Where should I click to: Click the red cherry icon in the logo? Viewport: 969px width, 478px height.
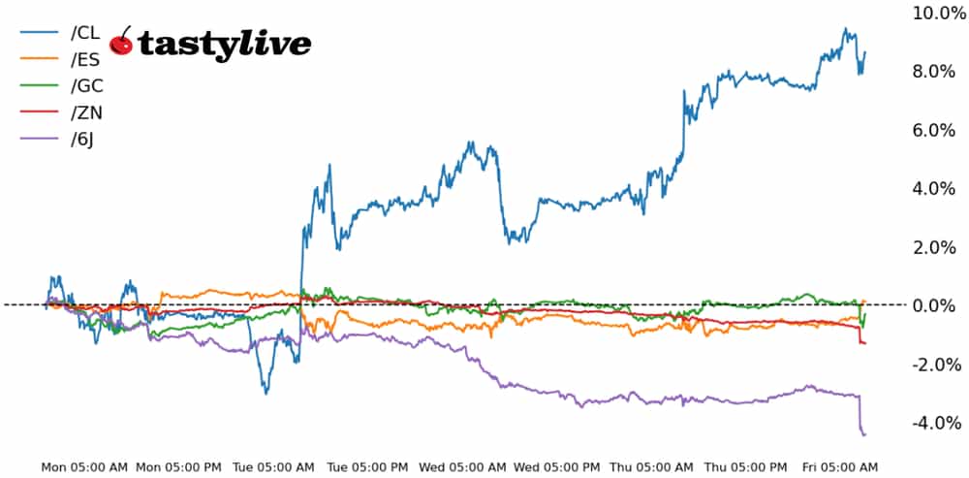pyautogui.click(x=121, y=43)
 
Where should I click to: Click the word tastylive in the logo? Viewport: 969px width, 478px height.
pyautogui.click(x=224, y=44)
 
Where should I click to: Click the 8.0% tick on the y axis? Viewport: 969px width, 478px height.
pyautogui.click(x=938, y=71)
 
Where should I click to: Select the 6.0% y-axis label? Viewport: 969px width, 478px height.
pyautogui.click(x=938, y=130)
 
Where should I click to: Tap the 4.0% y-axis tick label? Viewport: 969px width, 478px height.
pyautogui.click(x=938, y=188)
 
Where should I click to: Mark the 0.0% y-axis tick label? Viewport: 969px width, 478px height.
pyautogui.click(x=938, y=305)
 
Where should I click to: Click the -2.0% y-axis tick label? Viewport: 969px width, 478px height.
pyautogui.click(x=935, y=365)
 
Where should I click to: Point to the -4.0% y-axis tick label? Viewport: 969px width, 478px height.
pyautogui.click(x=935, y=423)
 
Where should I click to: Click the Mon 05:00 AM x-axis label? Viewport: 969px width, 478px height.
pyautogui.click(x=84, y=467)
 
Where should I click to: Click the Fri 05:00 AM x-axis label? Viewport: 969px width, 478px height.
pyautogui.click(x=840, y=467)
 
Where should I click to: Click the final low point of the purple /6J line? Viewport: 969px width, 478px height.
pyautogui.click(x=863, y=434)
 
